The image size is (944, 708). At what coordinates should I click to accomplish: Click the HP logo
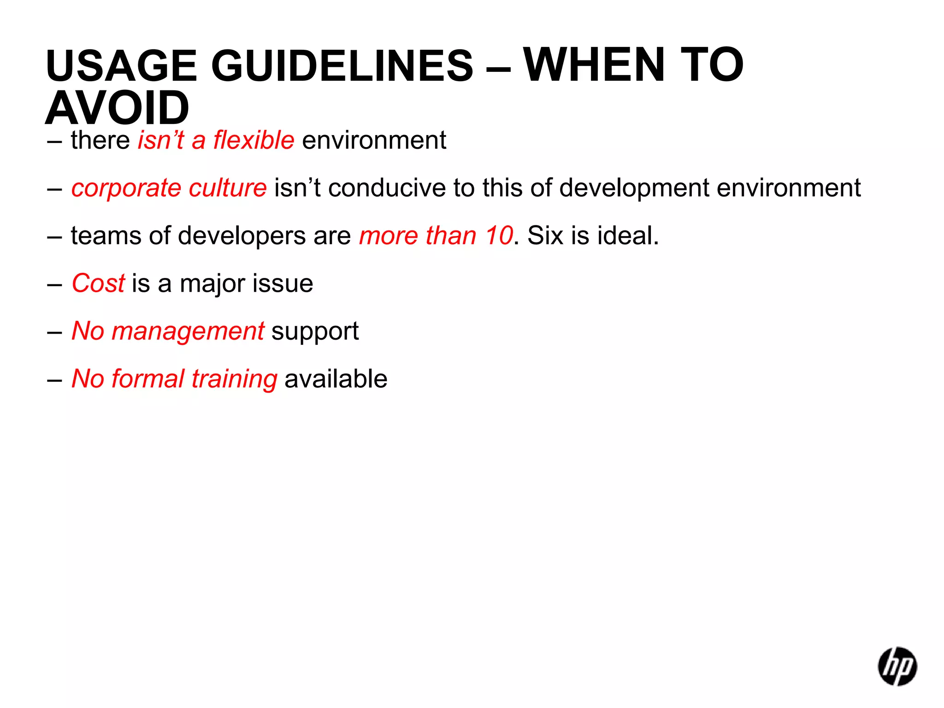coord(897,667)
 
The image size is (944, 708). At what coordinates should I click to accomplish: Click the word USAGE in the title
coord(121,65)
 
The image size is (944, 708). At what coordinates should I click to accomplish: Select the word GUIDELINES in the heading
coord(342,65)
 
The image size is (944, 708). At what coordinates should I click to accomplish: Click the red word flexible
coord(254,140)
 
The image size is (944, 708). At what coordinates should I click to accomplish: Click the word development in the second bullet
coord(634,188)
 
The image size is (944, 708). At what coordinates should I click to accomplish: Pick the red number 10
coord(499,236)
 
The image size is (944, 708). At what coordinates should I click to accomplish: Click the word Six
coord(545,236)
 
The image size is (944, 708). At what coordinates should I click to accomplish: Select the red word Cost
coord(98,283)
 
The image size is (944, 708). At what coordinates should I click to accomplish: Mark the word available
coord(336,379)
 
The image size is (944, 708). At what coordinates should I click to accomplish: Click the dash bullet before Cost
coord(54,284)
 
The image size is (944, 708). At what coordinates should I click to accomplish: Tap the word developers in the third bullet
coord(242,236)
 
